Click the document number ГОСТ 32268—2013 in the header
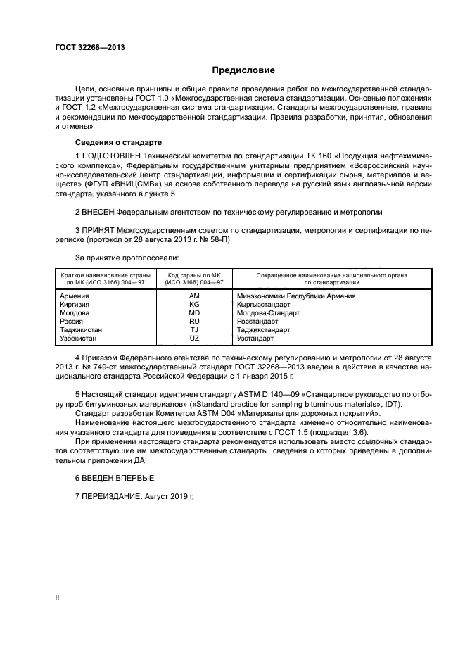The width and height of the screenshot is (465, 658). coord(84,47)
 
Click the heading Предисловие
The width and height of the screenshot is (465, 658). coord(243,70)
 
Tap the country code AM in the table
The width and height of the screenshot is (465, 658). coord(195,296)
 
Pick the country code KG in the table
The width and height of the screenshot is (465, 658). coord(195,305)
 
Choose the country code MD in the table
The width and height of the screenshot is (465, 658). coord(195,313)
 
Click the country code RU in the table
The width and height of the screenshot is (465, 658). coord(195,322)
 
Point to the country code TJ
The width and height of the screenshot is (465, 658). coord(195,330)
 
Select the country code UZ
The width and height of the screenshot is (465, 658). coord(195,339)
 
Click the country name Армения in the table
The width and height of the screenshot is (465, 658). coord(76,296)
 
